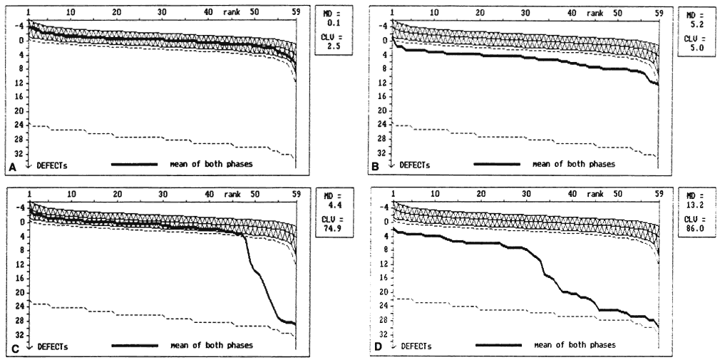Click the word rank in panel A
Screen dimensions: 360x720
click(232, 12)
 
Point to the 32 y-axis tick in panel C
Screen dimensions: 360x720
click(21, 334)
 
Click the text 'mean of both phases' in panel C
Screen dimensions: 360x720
click(212, 346)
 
